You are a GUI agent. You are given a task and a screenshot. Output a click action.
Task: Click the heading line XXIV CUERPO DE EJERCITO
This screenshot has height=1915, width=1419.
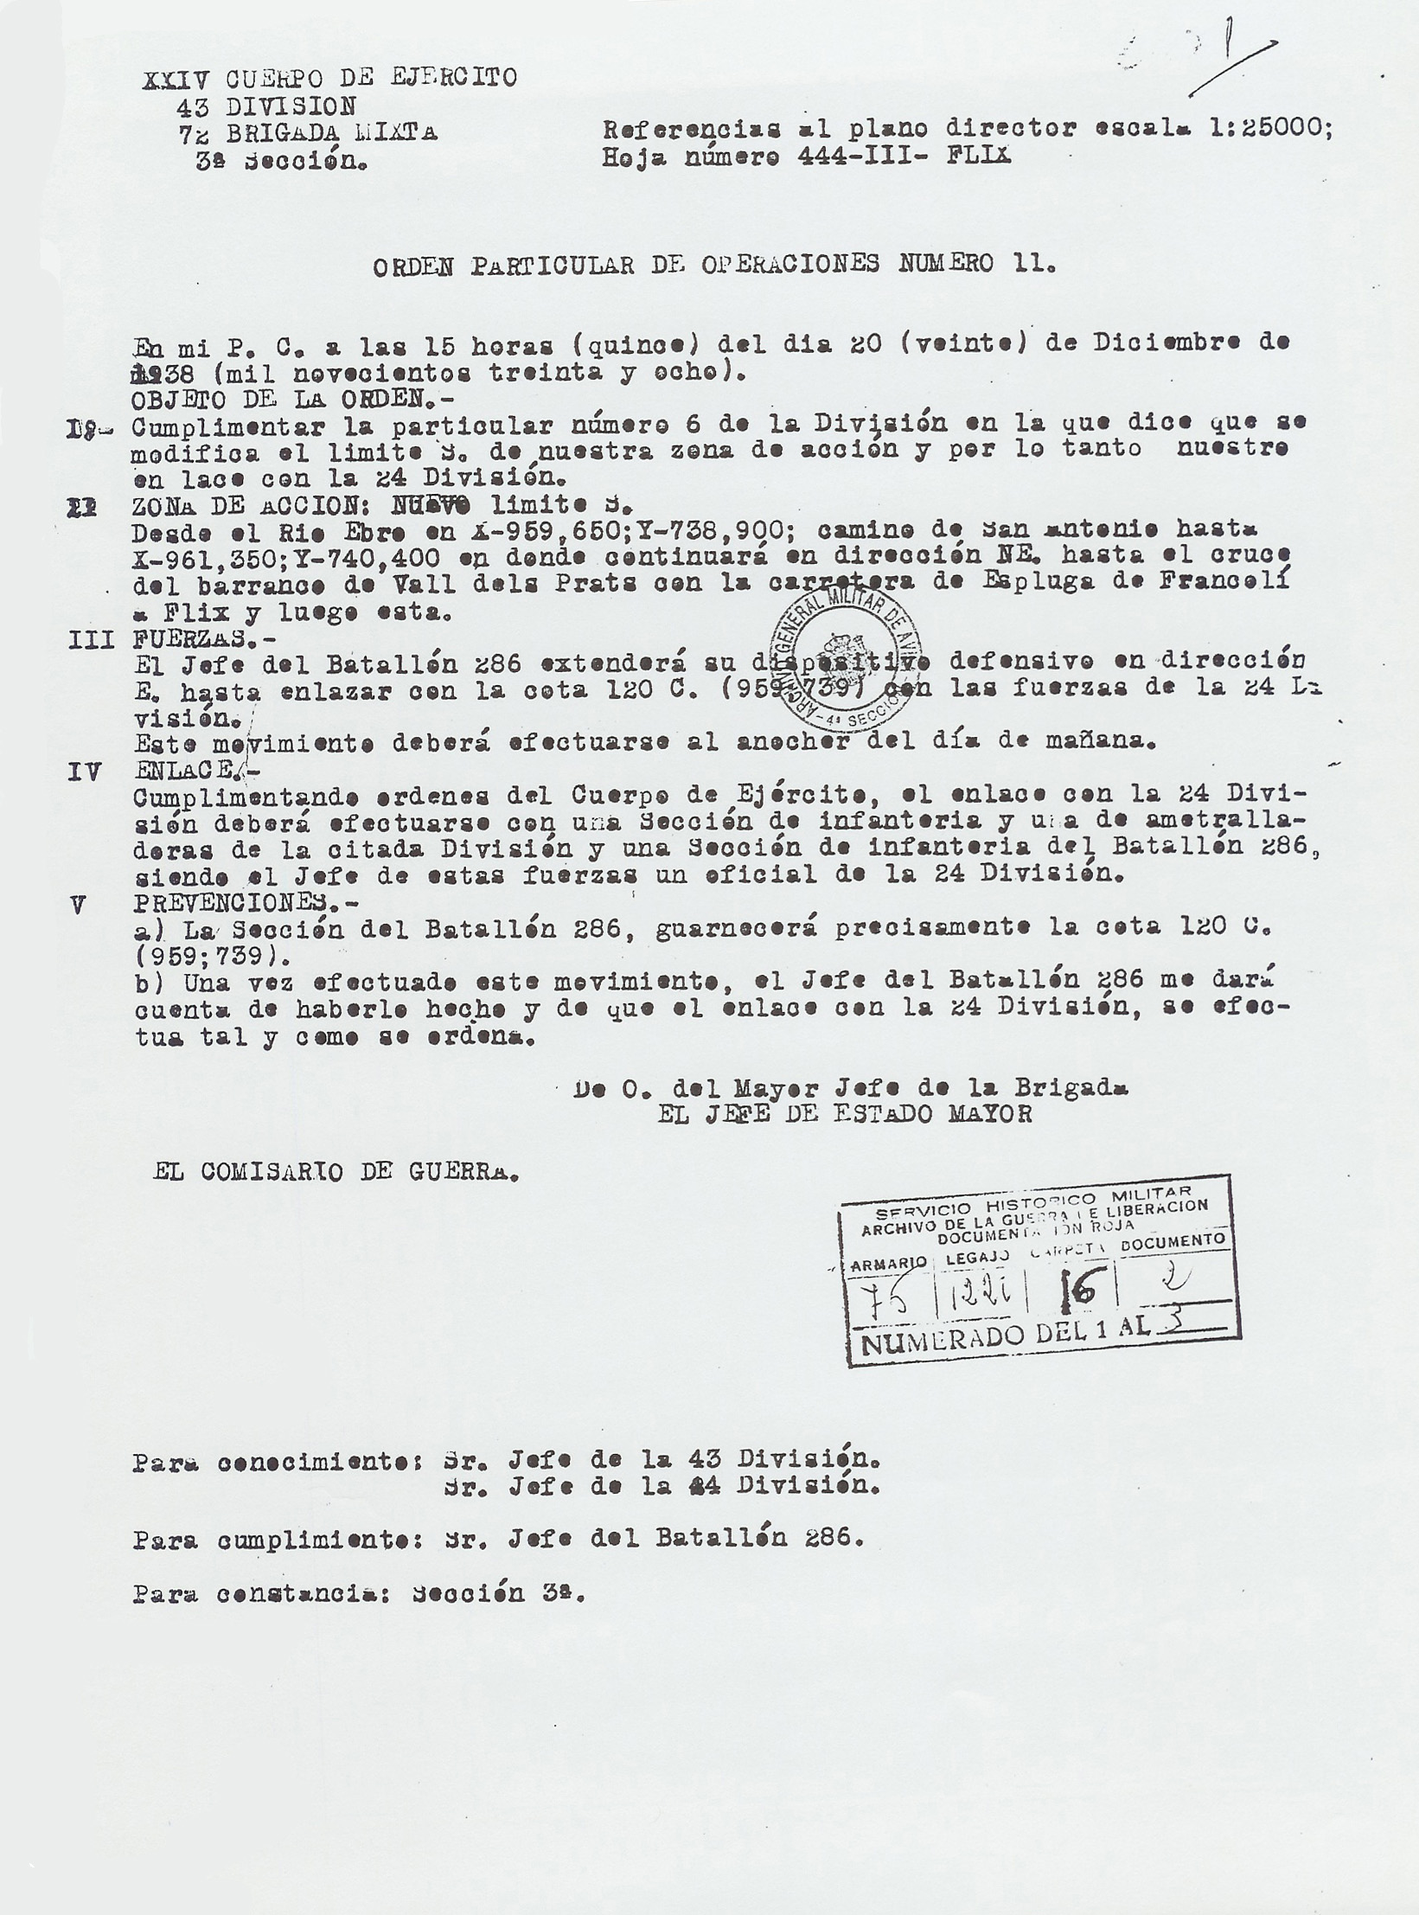pos(329,79)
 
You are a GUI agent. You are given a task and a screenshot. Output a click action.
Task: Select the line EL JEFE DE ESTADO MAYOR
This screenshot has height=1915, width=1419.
pos(844,1113)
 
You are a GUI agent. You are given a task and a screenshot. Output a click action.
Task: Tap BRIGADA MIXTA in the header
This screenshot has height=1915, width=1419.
pos(331,133)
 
